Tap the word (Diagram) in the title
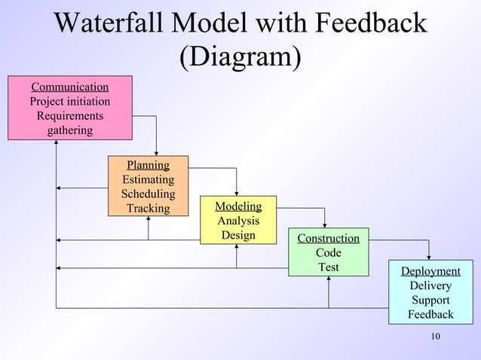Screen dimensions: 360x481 click(240, 56)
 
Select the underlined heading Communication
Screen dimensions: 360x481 click(69, 87)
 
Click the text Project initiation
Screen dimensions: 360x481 click(69, 101)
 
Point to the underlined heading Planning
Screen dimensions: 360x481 click(148, 165)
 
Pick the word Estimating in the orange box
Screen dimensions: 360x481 click(148, 179)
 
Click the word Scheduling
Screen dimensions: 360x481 click(148, 194)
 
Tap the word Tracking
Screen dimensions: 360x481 click(148, 208)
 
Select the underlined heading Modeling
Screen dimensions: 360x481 click(238, 206)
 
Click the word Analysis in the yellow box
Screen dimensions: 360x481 click(238, 221)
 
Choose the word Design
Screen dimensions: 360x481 click(238, 235)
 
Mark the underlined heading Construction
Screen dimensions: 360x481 click(328, 239)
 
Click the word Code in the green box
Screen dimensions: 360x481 click(328, 253)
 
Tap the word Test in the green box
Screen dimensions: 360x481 click(328, 267)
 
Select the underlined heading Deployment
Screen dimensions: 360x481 click(430, 271)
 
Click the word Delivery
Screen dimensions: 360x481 click(430, 285)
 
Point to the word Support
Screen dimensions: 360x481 click(430, 300)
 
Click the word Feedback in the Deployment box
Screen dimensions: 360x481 click(430, 314)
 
